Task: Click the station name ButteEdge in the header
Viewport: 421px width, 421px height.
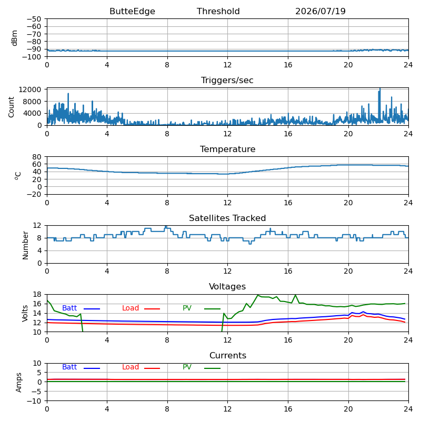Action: pos(132,11)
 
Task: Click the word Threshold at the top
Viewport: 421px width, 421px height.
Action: pos(218,11)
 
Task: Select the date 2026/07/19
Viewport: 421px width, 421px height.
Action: pos(320,11)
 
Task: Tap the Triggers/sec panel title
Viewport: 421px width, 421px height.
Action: pos(227,81)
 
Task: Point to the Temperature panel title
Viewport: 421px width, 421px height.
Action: pos(227,149)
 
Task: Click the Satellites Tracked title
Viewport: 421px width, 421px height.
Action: pos(227,218)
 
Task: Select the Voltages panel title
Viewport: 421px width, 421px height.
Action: pos(227,286)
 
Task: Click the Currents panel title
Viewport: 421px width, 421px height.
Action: pos(228,356)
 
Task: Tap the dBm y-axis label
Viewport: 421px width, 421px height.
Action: pos(15,38)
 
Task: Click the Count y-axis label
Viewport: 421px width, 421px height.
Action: pos(11,107)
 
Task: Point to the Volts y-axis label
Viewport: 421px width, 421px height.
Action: pos(25,313)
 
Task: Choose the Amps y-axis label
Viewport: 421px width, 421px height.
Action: pos(18,383)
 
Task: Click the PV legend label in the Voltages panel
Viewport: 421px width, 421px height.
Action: pos(187,308)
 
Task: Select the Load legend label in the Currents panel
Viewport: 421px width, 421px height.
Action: pos(130,367)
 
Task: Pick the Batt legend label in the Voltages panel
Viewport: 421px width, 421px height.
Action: pos(69,308)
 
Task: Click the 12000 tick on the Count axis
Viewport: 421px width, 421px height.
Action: pos(30,89)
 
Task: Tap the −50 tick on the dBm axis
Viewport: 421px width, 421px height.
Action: pos(34,19)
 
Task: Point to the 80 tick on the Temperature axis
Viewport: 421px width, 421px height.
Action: pos(37,157)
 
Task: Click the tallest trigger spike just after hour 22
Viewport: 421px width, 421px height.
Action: pos(380,88)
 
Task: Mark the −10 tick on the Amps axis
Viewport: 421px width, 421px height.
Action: pos(34,401)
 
